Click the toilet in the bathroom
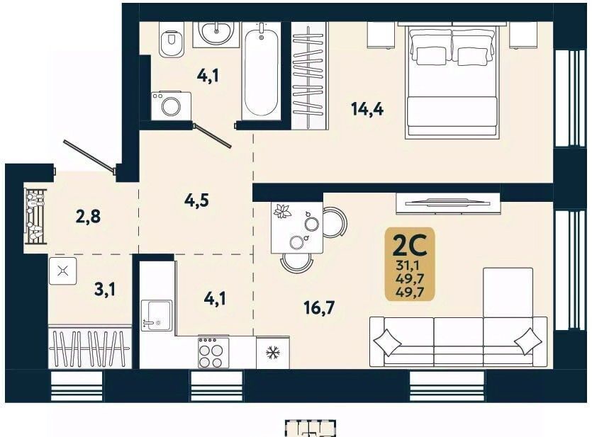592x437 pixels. click(172, 39)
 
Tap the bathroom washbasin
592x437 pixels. click(216, 34)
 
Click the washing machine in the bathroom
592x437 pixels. click(171, 106)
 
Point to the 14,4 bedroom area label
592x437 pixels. click(367, 109)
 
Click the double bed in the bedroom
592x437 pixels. click(452, 80)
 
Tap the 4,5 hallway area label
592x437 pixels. click(196, 200)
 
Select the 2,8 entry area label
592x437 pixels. click(88, 217)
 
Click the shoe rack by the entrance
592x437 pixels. click(35, 217)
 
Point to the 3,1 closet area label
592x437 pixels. click(106, 290)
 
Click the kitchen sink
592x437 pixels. click(157, 315)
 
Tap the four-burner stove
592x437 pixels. click(213, 352)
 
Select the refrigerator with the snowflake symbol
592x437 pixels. click(272, 353)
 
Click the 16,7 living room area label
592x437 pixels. click(320, 308)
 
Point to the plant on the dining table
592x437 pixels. click(282, 211)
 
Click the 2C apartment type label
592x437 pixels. click(410, 246)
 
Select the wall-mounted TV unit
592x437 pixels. click(448, 203)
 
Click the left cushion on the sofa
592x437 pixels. click(387, 341)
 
